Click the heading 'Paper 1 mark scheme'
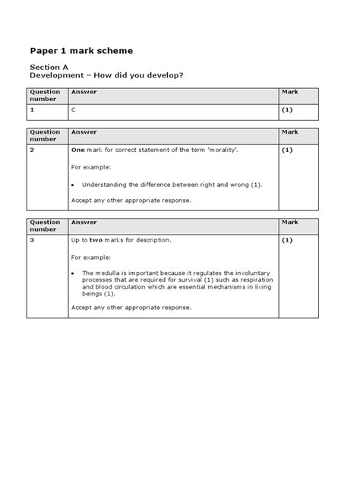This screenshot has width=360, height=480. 81,51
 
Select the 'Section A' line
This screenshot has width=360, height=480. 48,68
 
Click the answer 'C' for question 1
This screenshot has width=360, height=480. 73,110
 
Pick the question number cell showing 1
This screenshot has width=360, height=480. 32,110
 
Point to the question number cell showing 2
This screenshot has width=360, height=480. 32,150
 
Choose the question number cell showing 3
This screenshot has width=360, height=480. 32,240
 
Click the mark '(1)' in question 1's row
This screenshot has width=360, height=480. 287,110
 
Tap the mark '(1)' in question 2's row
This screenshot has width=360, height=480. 287,150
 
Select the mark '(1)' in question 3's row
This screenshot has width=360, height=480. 287,240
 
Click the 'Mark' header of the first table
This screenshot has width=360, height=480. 289,91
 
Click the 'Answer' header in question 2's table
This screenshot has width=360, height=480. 83,131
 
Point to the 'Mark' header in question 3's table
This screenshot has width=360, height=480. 289,222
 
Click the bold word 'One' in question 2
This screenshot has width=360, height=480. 77,150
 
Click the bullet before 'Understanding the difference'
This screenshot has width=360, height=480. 72,185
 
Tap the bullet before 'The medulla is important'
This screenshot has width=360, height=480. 72,273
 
